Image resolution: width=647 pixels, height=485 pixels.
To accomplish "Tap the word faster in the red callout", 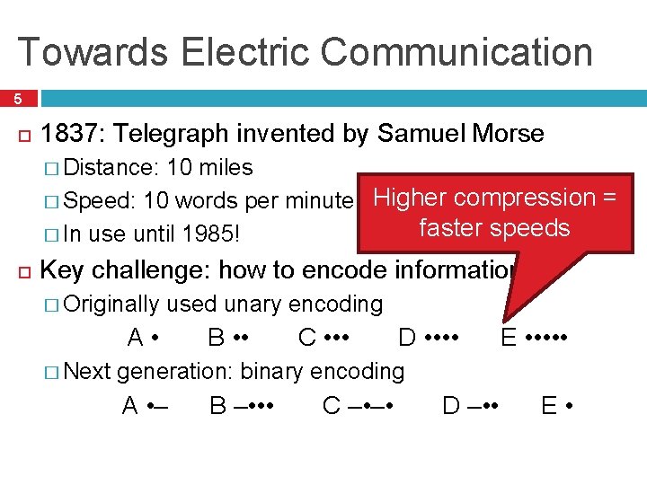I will click(x=454, y=228).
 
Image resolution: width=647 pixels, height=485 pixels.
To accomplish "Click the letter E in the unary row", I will click(x=509, y=338).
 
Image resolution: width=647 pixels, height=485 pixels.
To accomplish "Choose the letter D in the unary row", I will click(x=406, y=338).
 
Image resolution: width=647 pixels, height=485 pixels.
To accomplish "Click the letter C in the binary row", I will click(x=331, y=406).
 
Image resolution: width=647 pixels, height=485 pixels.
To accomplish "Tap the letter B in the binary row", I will click(x=217, y=406).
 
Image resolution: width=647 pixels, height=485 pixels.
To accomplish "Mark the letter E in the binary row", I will click(x=549, y=406).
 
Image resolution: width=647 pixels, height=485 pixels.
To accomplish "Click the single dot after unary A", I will click(x=156, y=339).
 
